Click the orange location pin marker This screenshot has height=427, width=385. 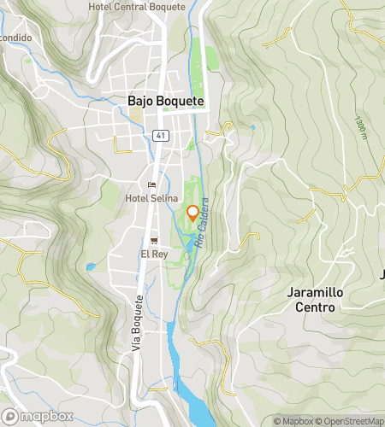192,213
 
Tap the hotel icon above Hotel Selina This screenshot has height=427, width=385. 151,185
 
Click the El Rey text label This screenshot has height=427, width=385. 153,254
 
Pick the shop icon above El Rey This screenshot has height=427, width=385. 153,241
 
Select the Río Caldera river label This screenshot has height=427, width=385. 202,223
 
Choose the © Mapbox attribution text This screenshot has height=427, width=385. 293,420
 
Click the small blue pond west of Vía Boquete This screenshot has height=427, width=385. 90,267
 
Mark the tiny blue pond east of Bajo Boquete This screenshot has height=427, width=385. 252,127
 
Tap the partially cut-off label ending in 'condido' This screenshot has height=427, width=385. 16,38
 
